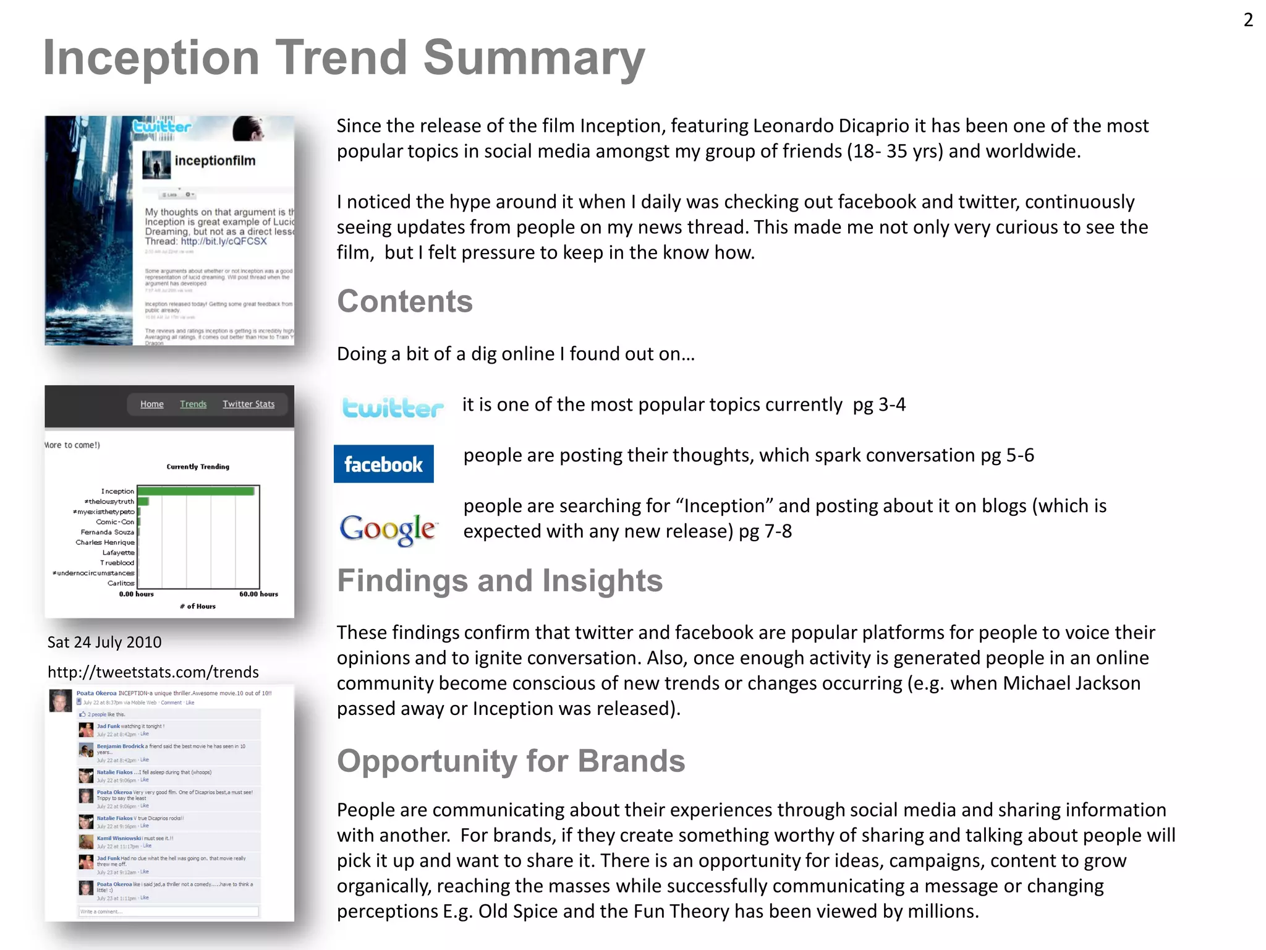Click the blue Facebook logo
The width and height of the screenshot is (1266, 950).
tap(383, 464)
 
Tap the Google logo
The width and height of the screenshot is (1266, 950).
tap(388, 529)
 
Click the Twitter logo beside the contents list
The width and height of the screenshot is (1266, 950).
tap(393, 408)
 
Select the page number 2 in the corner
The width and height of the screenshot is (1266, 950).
tap(1248, 20)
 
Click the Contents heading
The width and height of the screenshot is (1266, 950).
tap(404, 302)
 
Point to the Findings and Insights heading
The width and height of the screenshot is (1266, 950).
tap(499, 581)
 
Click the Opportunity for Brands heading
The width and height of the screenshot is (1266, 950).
tap(511, 761)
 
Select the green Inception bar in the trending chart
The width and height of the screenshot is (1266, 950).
tap(196, 491)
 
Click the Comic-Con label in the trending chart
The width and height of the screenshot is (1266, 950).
tap(115, 522)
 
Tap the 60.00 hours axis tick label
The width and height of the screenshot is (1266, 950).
tap(258, 594)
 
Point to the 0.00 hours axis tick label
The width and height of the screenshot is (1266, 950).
tap(136, 594)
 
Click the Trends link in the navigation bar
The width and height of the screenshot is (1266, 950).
tap(193, 404)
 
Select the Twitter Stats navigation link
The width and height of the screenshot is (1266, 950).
tap(249, 404)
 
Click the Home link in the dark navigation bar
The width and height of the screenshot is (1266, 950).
tap(151, 404)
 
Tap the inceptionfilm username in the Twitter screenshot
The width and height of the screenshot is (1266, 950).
tap(215, 161)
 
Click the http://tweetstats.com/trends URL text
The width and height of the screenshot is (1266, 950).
tap(153, 672)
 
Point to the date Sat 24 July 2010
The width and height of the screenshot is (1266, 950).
tap(104, 642)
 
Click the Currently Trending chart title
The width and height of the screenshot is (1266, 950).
tap(198, 466)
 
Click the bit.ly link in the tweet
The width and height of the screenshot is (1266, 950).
tap(224, 241)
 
